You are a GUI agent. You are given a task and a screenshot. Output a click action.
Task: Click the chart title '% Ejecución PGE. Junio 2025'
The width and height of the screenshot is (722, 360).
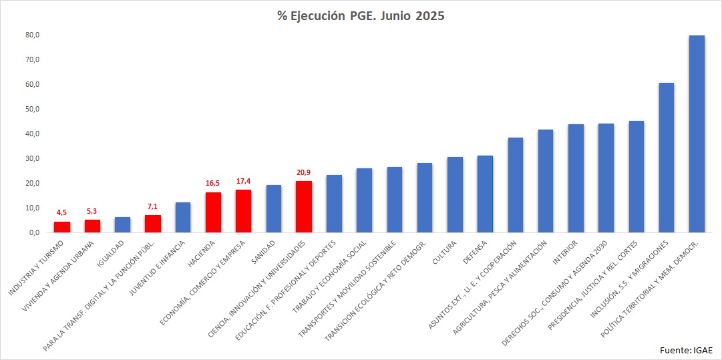pyautogui.click(x=361, y=16)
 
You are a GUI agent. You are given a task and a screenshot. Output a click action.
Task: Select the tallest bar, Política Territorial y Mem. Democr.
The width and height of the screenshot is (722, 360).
pyautogui.click(x=697, y=134)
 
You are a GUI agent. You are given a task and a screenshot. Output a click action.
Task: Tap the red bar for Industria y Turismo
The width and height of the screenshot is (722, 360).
pyautogui.click(x=62, y=227)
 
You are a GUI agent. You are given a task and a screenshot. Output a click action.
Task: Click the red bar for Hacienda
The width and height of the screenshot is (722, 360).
pyautogui.click(x=213, y=212)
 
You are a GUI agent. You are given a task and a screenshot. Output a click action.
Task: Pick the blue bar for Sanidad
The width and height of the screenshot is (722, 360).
pyautogui.click(x=274, y=209)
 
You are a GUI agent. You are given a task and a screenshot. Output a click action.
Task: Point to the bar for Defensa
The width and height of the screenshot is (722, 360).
pyautogui.click(x=485, y=194)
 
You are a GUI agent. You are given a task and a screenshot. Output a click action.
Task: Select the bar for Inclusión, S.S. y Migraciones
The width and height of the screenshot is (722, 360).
pyautogui.click(x=666, y=158)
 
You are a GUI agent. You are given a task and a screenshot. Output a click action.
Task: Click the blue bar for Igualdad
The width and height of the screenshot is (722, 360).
pyautogui.click(x=122, y=225)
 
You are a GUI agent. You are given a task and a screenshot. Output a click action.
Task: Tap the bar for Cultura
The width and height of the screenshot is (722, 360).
pyautogui.click(x=455, y=194)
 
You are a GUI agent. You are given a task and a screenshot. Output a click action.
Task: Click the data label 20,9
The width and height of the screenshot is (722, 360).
pyautogui.click(x=304, y=172)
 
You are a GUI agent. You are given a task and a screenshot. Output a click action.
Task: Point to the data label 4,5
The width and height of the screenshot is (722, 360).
pyautogui.click(x=62, y=213)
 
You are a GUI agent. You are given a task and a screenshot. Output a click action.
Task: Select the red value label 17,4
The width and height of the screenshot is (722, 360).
pyautogui.click(x=243, y=181)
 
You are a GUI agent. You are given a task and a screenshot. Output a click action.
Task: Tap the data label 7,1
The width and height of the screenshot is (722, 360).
pyautogui.click(x=152, y=206)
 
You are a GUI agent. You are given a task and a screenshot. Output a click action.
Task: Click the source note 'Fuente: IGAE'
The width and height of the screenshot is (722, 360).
pyautogui.click(x=686, y=350)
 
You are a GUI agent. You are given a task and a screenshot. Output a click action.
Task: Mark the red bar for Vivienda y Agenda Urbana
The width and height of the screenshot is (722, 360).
pyautogui.click(x=92, y=226)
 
